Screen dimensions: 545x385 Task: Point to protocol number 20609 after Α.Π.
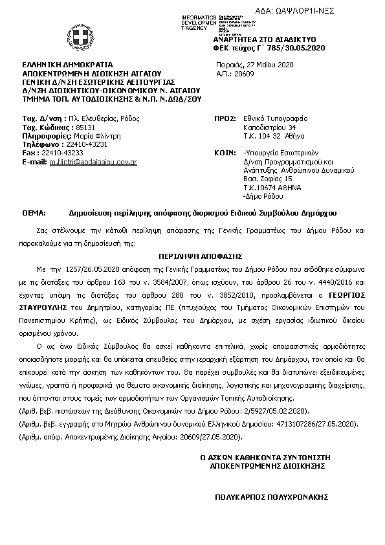click(244, 74)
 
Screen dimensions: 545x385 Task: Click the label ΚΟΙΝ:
click(224, 153)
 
